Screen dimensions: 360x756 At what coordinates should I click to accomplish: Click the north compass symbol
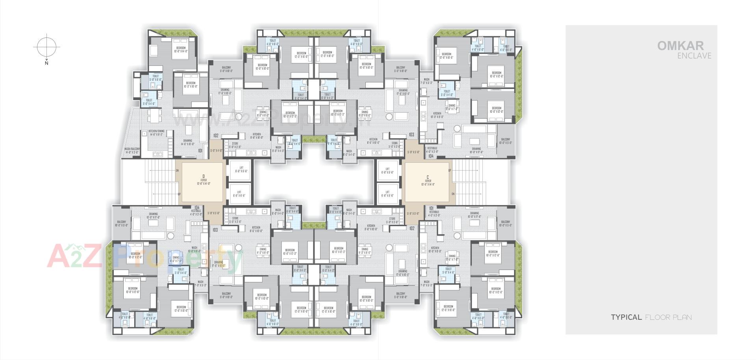(46, 47)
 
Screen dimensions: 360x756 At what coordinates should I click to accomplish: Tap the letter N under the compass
(46, 63)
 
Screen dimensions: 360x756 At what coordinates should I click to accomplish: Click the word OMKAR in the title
(686, 46)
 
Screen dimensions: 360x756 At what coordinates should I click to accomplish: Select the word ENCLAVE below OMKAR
(694, 56)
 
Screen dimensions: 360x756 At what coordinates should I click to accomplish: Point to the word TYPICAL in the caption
(626, 317)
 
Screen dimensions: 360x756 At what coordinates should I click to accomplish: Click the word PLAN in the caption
(682, 317)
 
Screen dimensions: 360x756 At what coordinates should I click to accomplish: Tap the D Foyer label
(204, 180)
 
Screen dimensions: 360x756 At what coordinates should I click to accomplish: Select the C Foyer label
(428, 180)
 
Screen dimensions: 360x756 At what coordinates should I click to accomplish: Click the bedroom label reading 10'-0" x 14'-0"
(180, 50)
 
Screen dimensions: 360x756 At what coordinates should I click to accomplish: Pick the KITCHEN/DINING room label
(156, 133)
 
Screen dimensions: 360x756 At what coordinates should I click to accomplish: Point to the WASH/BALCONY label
(132, 150)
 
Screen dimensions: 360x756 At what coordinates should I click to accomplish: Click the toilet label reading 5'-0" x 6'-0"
(156, 78)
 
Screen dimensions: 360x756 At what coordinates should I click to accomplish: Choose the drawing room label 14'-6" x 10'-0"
(187, 142)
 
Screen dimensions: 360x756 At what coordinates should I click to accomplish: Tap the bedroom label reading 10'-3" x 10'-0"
(191, 85)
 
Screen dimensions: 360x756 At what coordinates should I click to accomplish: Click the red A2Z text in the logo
(75, 256)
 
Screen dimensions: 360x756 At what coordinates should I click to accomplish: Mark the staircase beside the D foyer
(161, 182)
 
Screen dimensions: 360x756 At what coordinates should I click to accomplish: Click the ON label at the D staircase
(177, 171)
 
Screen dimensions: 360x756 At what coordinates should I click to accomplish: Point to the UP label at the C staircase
(450, 171)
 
